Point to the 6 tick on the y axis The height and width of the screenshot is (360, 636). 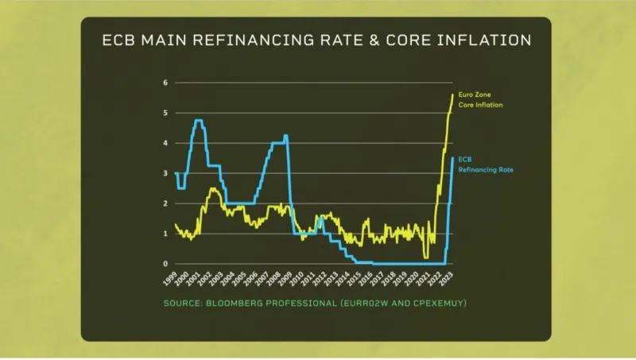(165, 83)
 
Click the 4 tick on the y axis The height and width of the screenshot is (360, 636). (165, 143)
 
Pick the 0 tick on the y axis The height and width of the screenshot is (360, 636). (165, 264)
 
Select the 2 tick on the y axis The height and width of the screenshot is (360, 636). (165, 203)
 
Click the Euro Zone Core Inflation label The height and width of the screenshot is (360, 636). (475, 99)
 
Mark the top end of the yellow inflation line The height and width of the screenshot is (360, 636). (453, 95)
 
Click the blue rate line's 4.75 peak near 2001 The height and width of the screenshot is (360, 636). (198, 120)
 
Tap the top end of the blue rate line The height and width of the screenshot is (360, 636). (452, 157)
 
